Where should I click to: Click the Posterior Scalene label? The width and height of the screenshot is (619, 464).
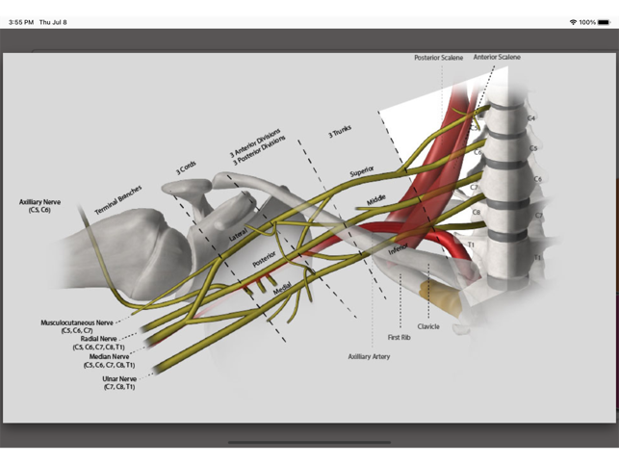click(440, 58)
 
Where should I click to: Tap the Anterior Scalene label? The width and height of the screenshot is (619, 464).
click(497, 58)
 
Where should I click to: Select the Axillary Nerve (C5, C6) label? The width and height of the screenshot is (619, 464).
click(39, 205)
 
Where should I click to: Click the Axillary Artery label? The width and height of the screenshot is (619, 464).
click(369, 356)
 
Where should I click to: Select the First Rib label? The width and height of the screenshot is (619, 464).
click(400, 338)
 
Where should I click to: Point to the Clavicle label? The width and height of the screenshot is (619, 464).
click(428, 326)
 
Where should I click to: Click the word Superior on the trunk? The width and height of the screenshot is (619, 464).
click(362, 170)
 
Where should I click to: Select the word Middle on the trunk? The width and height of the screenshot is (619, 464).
click(376, 200)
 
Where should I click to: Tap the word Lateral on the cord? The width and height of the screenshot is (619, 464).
click(239, 234)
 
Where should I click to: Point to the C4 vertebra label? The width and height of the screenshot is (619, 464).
click(530, 118)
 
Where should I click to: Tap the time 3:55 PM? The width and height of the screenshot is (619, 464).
click(21, 21)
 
